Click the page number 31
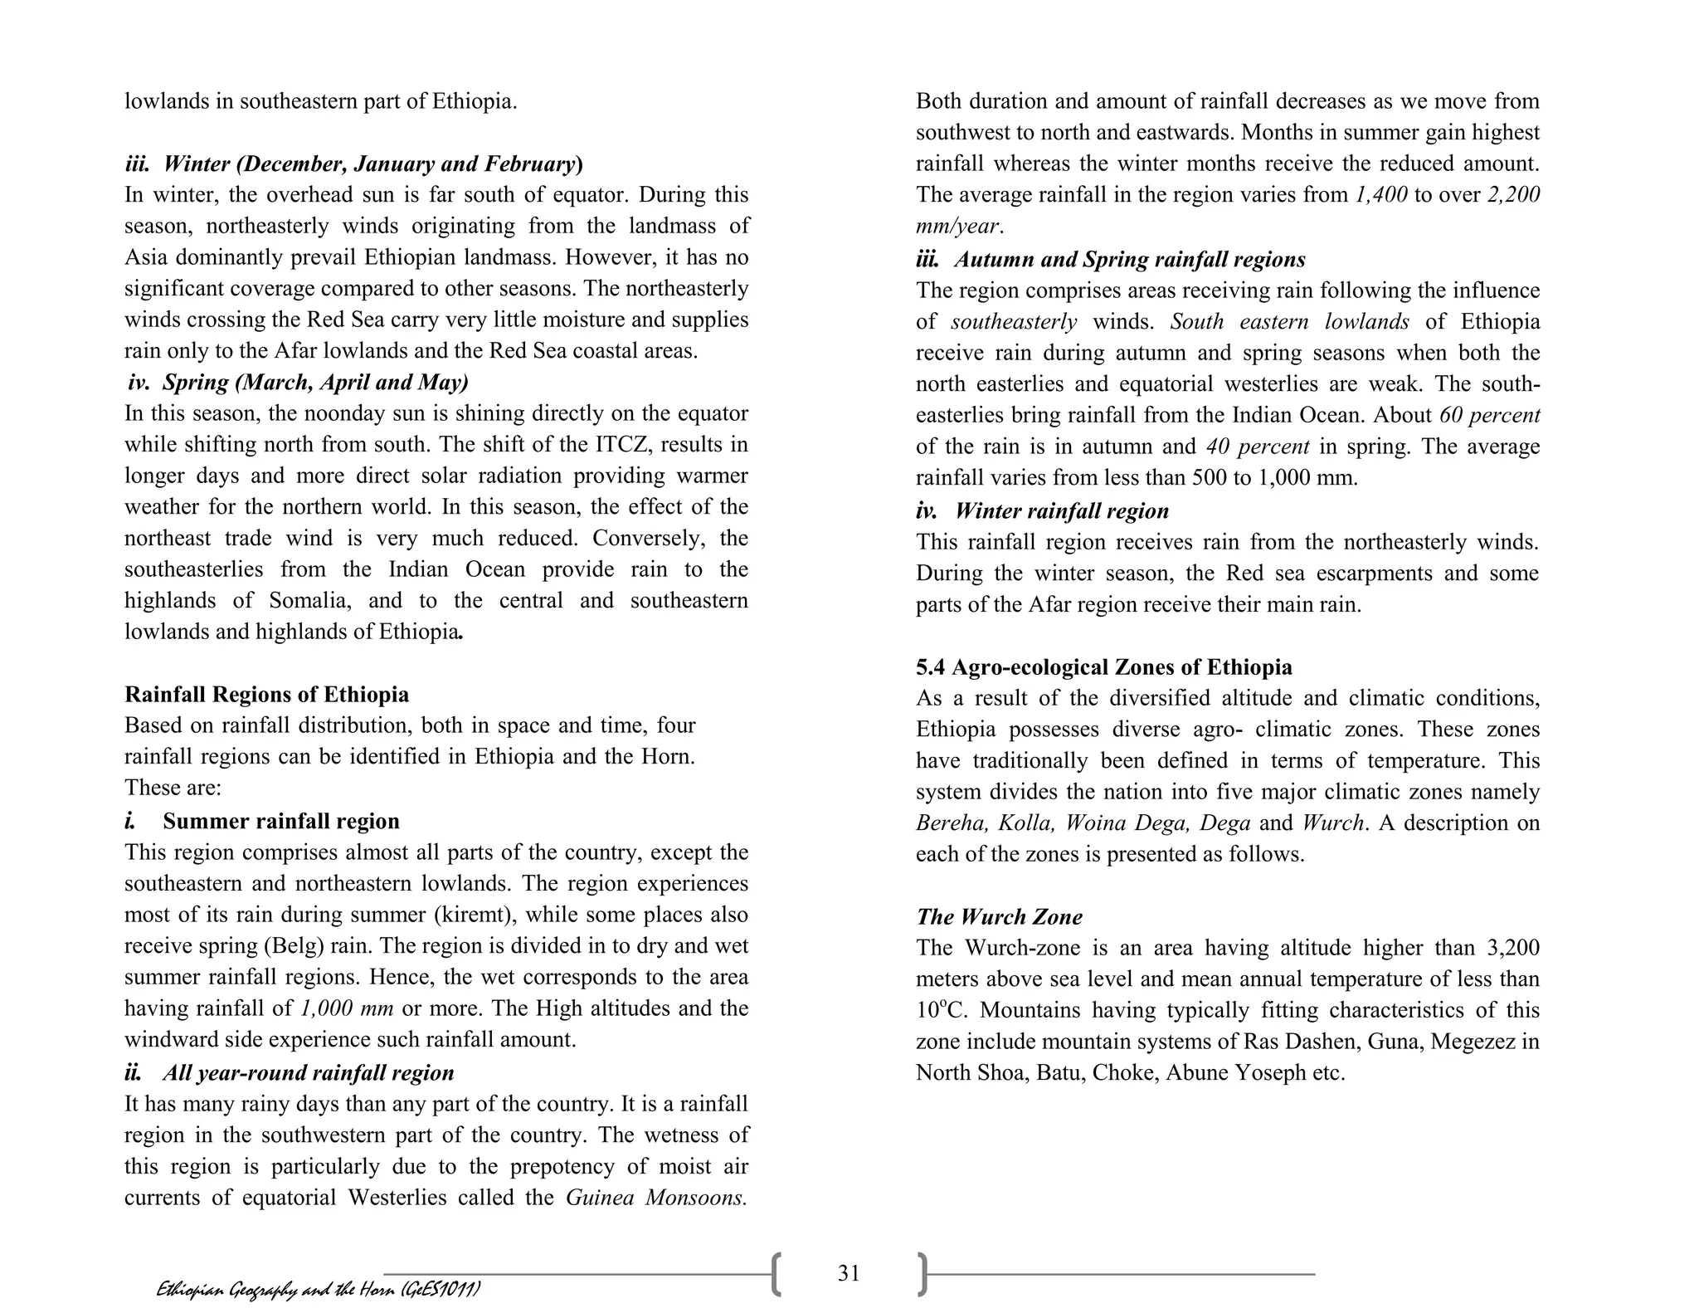[848, 1273]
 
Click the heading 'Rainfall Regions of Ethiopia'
[266, 695]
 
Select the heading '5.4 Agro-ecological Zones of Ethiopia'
[1103, 667]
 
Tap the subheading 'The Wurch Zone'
[999, 917]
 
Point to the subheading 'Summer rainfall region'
[280, 822]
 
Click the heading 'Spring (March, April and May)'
[314, 383]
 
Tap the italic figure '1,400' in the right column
[1380, 195]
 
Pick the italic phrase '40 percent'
[1257, 447]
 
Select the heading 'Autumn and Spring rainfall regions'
[1129, 260]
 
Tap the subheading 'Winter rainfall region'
[1061, 511]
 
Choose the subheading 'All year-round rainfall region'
[308, 1073]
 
